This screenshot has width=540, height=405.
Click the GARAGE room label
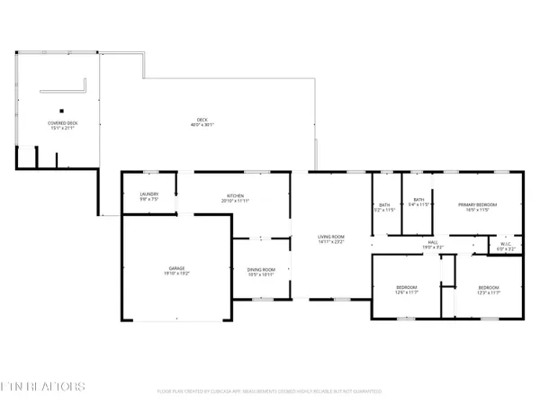(x=176, y=268)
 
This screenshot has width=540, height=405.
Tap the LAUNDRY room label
(x=149, y=193)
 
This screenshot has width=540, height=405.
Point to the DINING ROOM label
(x=261, y=268)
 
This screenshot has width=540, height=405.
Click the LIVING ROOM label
(x=331, y=237)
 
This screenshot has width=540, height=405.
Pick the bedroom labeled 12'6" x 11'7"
(x=407, y=289)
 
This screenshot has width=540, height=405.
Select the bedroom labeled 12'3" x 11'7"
(x=487, y=289)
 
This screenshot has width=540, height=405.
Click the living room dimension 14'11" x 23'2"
(x=331, y=241)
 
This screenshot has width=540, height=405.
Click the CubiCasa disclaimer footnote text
(x=269, y=391)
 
